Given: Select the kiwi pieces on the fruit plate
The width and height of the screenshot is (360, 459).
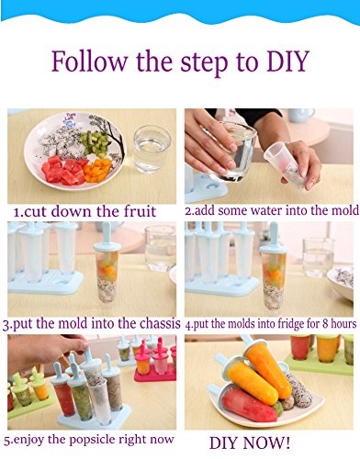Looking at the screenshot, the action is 96,142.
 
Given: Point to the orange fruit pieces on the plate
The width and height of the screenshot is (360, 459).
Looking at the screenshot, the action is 97,170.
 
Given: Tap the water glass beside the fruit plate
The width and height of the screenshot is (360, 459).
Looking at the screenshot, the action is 152,149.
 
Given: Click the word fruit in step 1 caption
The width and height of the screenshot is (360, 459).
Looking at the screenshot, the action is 140,211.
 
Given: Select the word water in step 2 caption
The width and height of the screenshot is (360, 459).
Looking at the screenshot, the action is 267,210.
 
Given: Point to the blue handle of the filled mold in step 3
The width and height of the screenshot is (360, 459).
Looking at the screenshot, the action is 107,236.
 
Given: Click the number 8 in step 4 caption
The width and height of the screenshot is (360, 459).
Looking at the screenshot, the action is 325,324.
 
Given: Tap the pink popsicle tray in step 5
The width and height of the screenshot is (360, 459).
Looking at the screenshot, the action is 154,364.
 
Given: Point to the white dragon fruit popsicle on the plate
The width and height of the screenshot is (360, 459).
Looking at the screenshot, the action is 298,388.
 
